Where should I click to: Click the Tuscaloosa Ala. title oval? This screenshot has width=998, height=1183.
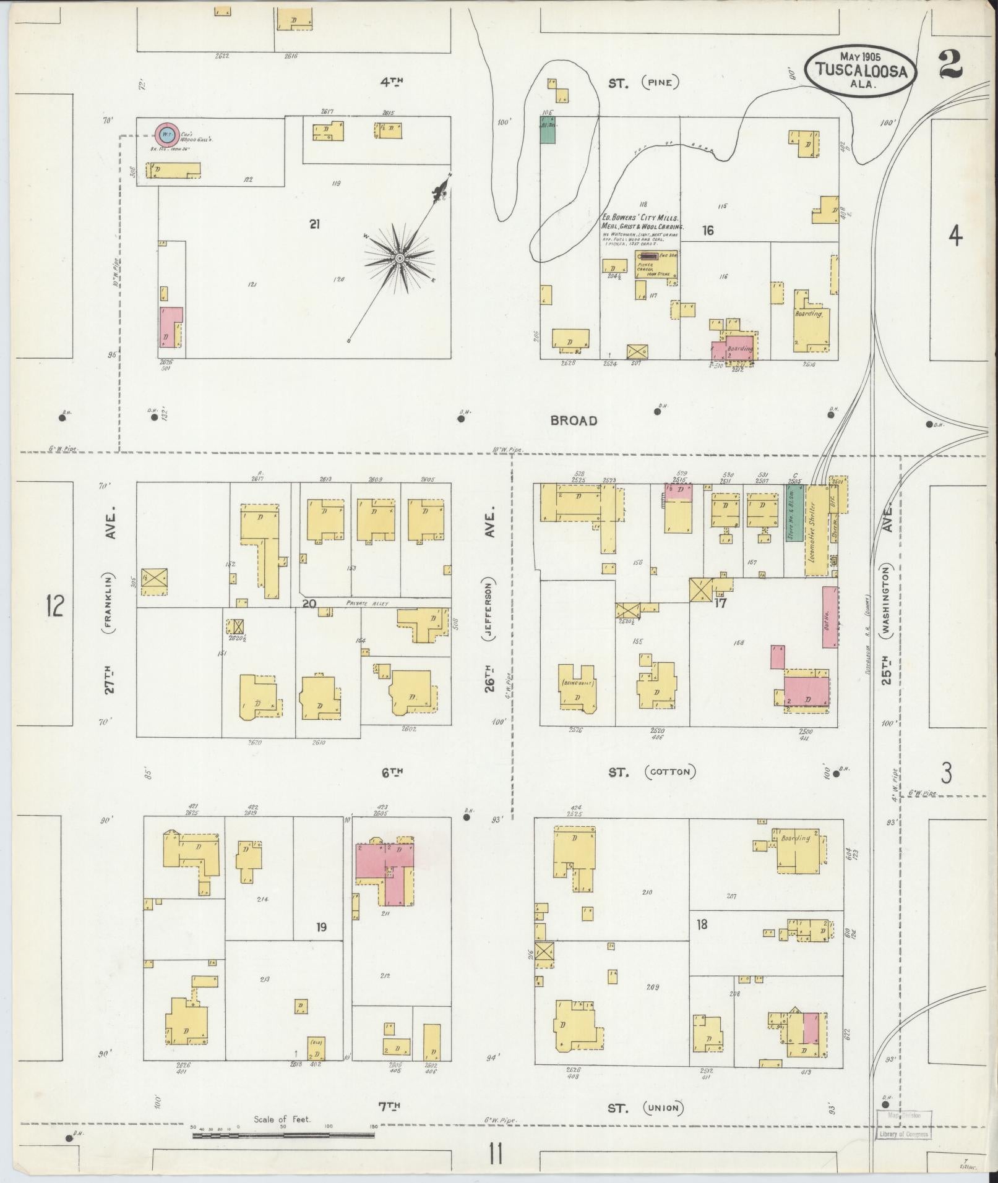pos(861,70)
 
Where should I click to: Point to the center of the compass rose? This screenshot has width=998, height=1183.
pos(400,257)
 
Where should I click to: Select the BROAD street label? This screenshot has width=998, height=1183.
pos(574,421)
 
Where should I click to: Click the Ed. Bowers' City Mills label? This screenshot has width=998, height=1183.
pos(640,219)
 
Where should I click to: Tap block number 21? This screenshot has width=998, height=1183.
pos(314,225)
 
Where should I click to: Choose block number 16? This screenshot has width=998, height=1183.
pos(708,231)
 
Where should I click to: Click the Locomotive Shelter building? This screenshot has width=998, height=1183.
pos(814,529)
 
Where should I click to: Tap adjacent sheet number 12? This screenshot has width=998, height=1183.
pos(54,605)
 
